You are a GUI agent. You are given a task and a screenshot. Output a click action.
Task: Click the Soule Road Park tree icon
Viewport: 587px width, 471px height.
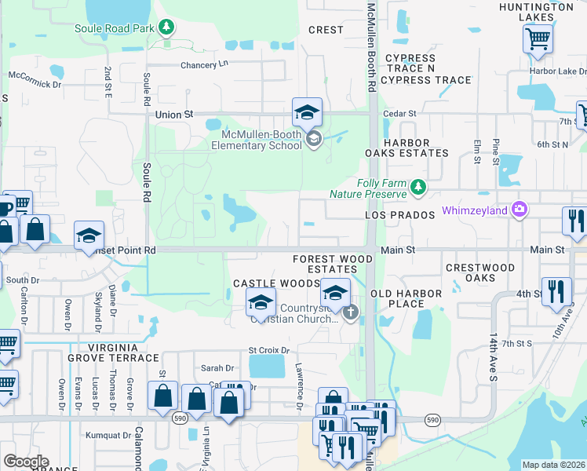click(166, 28)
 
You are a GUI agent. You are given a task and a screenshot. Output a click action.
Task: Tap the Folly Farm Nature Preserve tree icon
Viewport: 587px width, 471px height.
click(418, 187)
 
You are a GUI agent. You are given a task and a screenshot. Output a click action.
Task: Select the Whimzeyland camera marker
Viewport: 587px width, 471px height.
click(519, 210)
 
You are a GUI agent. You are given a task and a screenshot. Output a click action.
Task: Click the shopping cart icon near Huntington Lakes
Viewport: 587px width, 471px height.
click(538, 38)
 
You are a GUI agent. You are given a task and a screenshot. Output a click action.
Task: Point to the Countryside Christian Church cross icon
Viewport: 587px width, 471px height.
click(350, 312)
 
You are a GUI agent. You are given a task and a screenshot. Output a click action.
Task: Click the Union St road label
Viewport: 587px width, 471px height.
click(173, 115)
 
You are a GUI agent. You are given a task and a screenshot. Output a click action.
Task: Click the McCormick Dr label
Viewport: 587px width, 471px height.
click(35, 83)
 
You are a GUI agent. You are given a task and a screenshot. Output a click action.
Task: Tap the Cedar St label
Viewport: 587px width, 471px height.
click(397, 114)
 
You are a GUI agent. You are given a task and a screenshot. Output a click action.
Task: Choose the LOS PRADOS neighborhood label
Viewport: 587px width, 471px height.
click(400, 215)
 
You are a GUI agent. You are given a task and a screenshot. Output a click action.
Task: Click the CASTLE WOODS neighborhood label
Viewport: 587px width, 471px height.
click(265, 283)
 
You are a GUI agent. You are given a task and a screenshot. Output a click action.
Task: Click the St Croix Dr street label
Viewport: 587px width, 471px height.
click(269, 350)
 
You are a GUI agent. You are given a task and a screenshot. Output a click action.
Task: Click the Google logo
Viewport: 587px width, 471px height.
click(26, 462)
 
